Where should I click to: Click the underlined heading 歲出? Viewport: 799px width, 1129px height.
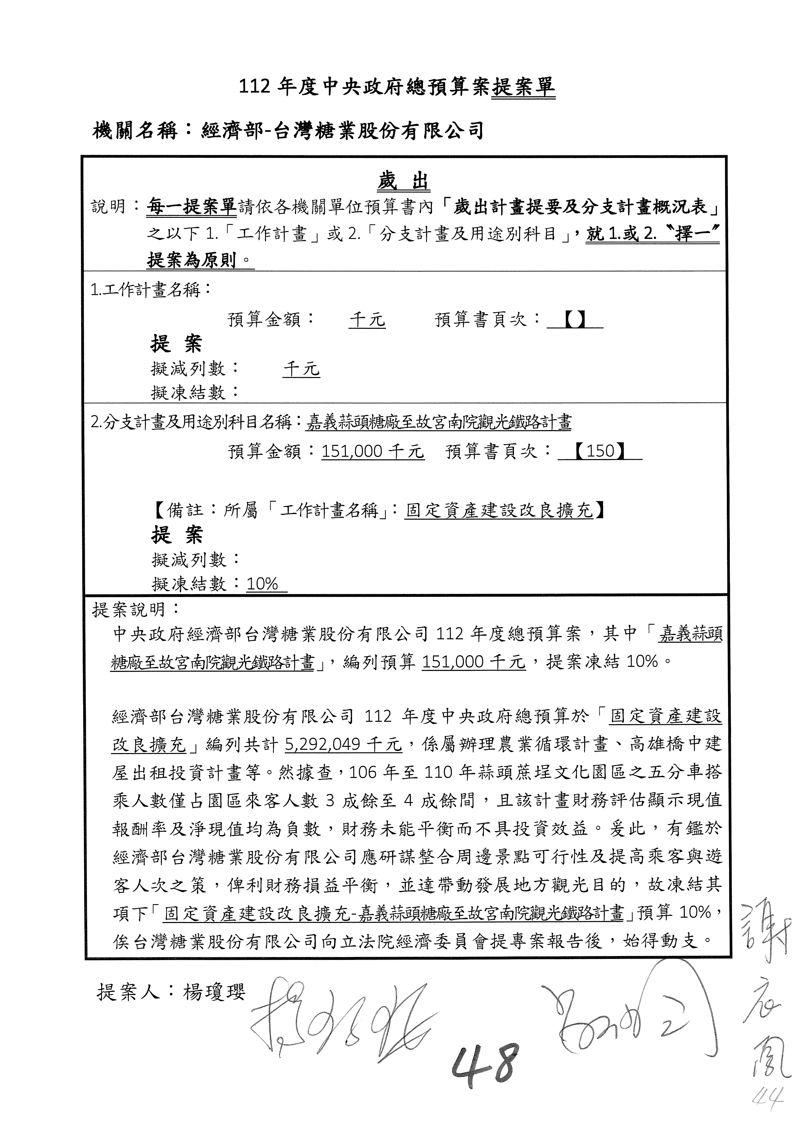pos(403,182)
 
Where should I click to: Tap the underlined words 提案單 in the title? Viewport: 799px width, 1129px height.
pos(523,88)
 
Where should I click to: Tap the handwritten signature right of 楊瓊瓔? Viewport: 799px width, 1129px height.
pos(339,1018)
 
